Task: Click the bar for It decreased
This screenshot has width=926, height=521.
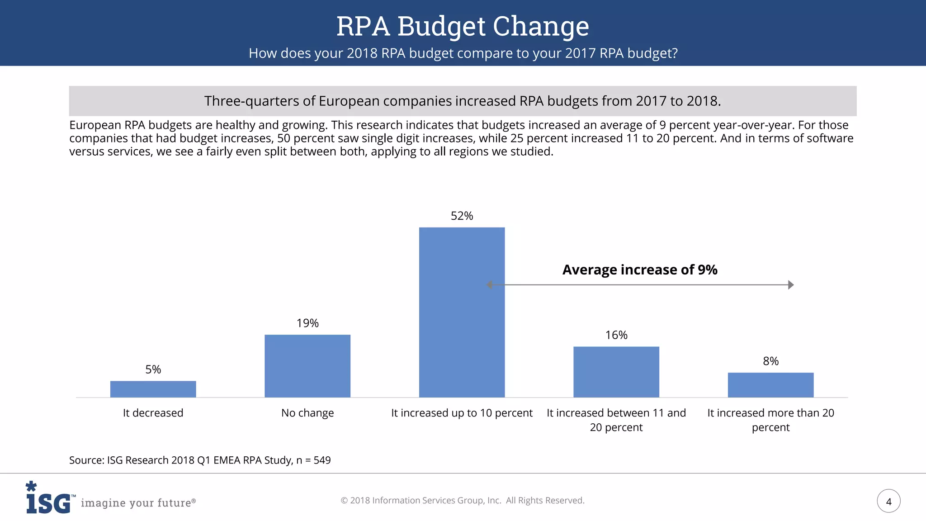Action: [x=153, y=389]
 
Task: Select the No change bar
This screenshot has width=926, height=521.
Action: [x=307, y=366]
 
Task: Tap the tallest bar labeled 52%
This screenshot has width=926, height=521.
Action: [x=462, y=312]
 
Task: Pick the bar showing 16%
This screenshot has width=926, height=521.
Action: [x=616, y=372]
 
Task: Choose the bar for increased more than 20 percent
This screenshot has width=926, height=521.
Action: [x=770, y=385]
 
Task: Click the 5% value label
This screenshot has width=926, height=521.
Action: [x=153, y=369]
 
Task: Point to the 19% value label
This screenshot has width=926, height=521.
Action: [x=307, y=323]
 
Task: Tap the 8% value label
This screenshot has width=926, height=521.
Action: [x=770, y=361]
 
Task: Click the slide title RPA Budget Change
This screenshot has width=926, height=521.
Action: [x=463, y=26]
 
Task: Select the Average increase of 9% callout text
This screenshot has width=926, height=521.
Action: [x=639, y=270]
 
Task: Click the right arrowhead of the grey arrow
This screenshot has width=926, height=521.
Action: [x=791, y=285]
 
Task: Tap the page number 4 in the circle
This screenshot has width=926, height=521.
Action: [x=888, y=501]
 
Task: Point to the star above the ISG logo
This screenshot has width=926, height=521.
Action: [x=31, y=486]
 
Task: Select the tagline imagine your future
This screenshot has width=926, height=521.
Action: [x=138, y=502]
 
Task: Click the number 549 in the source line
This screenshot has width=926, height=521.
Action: [x=322, y=460]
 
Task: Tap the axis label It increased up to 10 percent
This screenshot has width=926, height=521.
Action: [x=462, y=413]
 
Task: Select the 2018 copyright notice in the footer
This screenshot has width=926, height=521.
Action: [x=462, y=500]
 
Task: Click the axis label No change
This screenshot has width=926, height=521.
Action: [x=307, y=413]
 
